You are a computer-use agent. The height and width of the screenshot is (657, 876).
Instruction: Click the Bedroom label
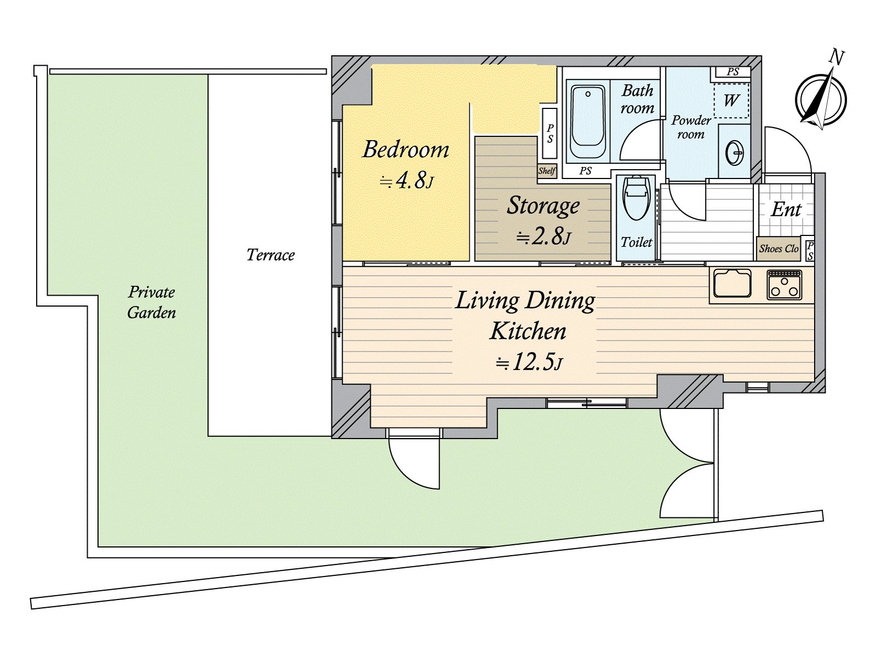coord(406,149)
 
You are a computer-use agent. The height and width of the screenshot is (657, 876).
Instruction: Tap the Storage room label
coord(543,206)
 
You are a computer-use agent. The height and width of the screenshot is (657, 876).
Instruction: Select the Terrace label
coord(270,255)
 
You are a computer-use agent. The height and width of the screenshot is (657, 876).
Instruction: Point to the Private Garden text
coord(152,302)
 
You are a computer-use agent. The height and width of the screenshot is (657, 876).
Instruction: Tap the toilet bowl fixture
coord(636,198)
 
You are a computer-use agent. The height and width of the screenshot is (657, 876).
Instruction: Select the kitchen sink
coord(733,284)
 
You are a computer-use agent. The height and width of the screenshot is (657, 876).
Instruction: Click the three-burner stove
coord(784,285)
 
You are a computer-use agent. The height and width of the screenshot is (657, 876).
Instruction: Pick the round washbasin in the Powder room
coord(734,153)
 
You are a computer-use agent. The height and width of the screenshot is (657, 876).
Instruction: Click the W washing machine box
coord(731,101)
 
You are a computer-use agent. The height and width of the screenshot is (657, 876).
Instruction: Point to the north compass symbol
coord(821,99)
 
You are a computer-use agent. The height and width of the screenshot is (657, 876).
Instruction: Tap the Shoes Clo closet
coord(779,249)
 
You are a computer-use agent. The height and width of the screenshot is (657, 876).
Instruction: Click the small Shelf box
coord(547,171)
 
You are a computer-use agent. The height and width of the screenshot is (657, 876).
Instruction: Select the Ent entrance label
coord(786,210)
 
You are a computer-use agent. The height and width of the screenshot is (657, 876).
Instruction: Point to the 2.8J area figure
coord(543,237)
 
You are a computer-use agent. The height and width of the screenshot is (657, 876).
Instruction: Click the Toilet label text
coord(636,242)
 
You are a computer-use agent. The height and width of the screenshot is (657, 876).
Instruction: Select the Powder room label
coord(691,127)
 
